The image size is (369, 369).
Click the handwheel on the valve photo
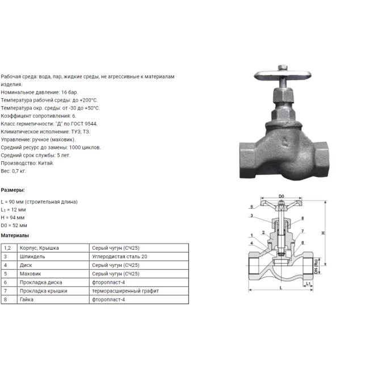(283, 76)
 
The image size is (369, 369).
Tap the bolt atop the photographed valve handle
(283, 68)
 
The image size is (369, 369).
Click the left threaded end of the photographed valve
(247, 160)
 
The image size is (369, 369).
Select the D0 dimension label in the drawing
(281, 196)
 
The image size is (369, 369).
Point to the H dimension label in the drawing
(324, 233)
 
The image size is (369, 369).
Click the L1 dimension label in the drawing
(308, 284)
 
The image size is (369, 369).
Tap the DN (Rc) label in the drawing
(316, 266)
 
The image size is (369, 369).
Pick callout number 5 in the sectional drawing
(251, 207)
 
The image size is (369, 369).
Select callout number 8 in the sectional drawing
(303, 218)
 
